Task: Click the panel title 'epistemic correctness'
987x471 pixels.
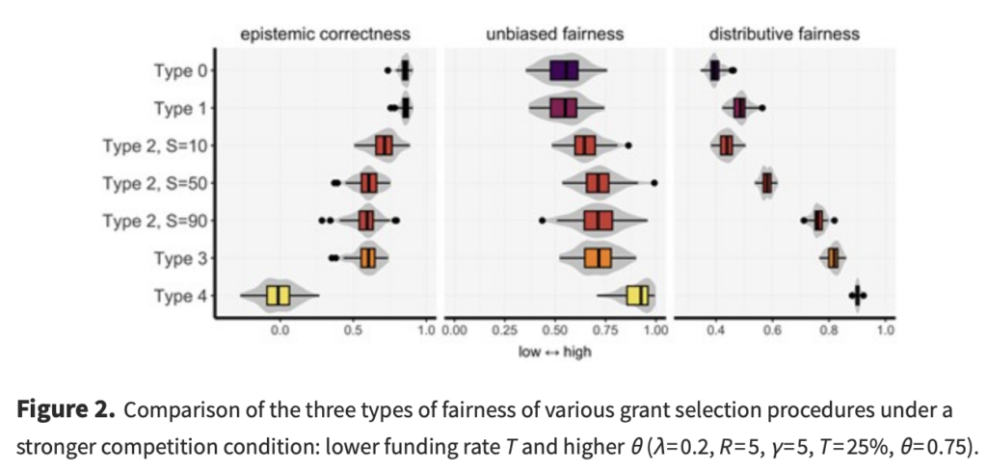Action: [326, 35]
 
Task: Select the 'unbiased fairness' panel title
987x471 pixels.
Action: [554, 35]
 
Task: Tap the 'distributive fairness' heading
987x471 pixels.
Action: [785, 35]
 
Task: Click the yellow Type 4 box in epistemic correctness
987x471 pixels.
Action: [279, 296]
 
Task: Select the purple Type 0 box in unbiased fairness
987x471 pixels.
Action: [564, 71]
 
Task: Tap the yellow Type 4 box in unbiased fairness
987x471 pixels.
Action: [638, 296]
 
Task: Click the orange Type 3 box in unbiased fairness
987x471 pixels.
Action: [599, 258]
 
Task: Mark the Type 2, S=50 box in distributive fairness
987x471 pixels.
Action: [767, 183]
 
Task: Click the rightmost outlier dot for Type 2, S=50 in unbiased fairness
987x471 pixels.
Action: [654, 183]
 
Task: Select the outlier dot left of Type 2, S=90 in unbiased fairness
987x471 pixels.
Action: [542, 221]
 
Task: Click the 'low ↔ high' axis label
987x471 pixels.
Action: [554, 352]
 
